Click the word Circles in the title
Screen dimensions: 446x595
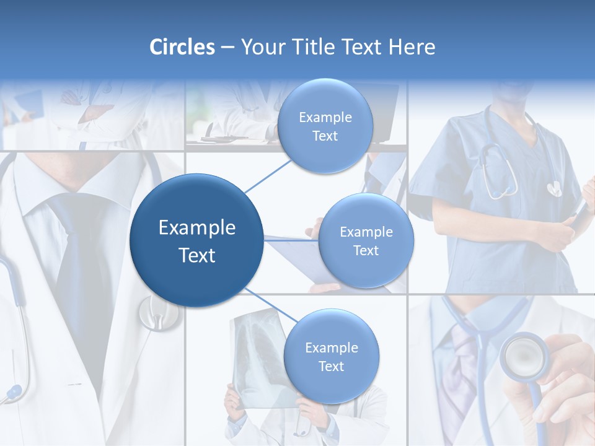[x=182, y=47]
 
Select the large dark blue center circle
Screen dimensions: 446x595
[x=196, y=240]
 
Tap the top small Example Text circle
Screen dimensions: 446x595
[x=325, y=126]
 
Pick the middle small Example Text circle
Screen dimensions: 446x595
[x=366, y=241]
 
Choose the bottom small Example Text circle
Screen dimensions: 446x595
[x=331, y=357]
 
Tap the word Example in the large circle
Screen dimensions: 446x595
[x=196, y=228]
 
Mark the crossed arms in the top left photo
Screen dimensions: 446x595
[x=93, y=115]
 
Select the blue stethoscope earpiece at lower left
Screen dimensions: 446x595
[x=12, y=391]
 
